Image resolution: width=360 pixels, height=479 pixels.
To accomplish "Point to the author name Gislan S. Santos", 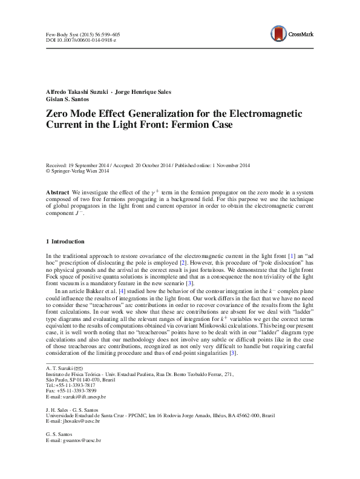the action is point(68,99).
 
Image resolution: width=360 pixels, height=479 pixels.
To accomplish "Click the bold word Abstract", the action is point(57,191).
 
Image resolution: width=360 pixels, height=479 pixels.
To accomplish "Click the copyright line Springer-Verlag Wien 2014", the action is point(79,171).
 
